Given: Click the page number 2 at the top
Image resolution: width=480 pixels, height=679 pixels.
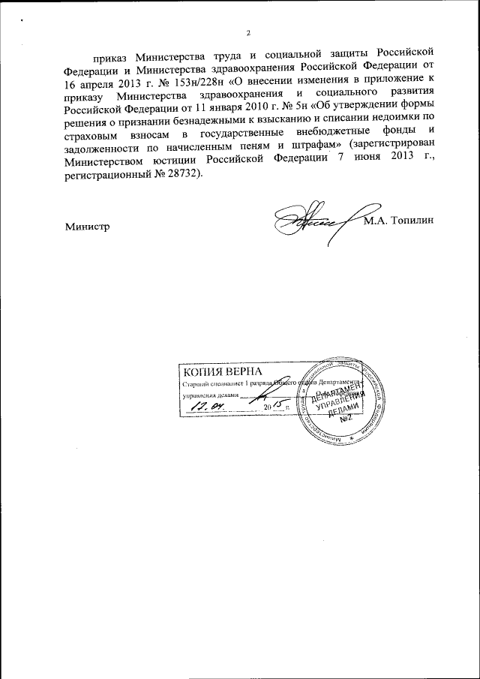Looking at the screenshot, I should [x=248, y=31].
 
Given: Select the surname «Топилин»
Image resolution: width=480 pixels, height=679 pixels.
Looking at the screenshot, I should [x=412, y=221].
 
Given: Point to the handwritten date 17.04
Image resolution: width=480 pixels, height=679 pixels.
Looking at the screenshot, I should [x=211, y=405].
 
